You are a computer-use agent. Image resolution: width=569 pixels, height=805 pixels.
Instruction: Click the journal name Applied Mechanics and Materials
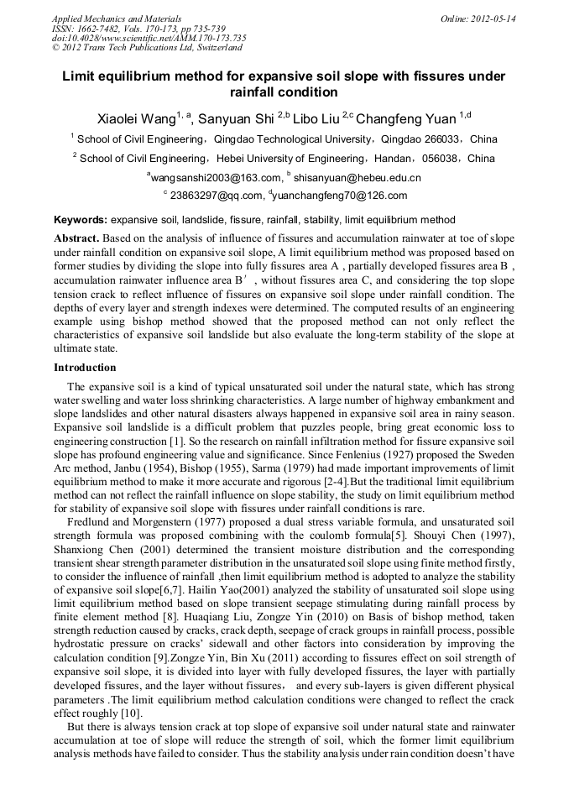tap(116, 18)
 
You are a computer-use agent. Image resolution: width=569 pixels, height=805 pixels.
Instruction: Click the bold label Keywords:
tap(81, 220)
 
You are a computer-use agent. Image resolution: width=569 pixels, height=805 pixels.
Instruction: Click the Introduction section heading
tap(85, 368)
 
